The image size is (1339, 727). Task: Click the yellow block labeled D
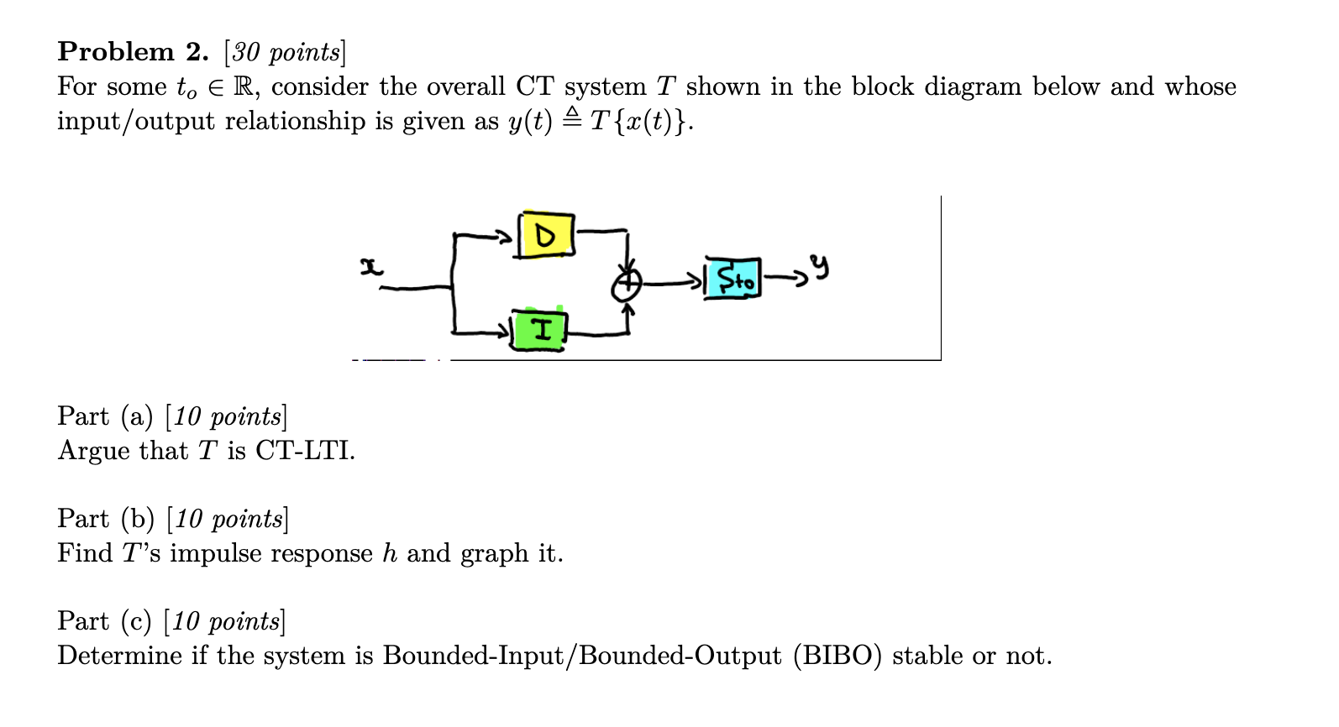pos(546,236)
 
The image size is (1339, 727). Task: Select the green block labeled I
pos(539,330)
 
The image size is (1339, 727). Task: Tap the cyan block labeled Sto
pos(733,279)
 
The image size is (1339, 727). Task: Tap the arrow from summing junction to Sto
pos(672,283)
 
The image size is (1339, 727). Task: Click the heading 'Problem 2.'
pos(133,52)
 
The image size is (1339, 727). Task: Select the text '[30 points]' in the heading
pos(285,52)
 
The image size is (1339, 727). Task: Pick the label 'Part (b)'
pos(106,519)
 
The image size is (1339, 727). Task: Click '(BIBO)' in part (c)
pos(837,656)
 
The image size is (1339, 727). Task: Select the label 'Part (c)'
pos(104,621)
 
